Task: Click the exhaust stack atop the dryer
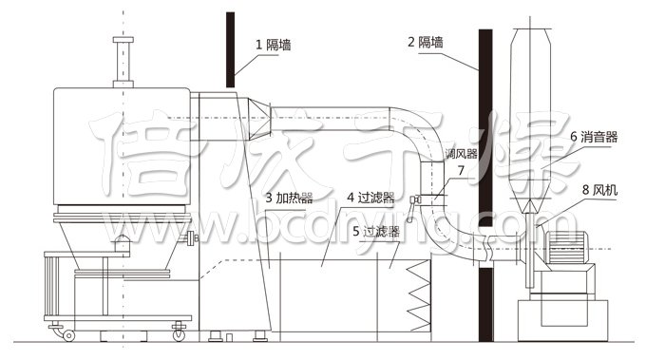coord(121,62)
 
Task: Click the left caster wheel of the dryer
coord(67,334)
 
